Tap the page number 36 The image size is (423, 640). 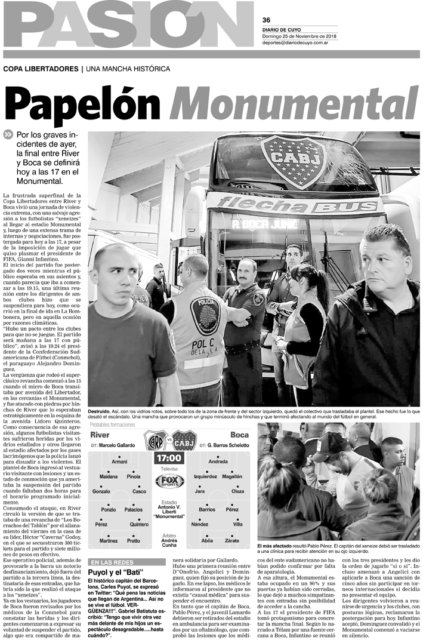click(x=266, y=19)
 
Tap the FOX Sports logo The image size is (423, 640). click(x=169, y=481)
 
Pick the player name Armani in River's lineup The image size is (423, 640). click(x=119, y=462)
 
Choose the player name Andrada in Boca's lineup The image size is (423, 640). click(x=218, y=462)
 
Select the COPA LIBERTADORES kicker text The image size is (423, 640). click(x=40, y=69)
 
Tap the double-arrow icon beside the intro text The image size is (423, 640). click(x=8, y=134)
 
